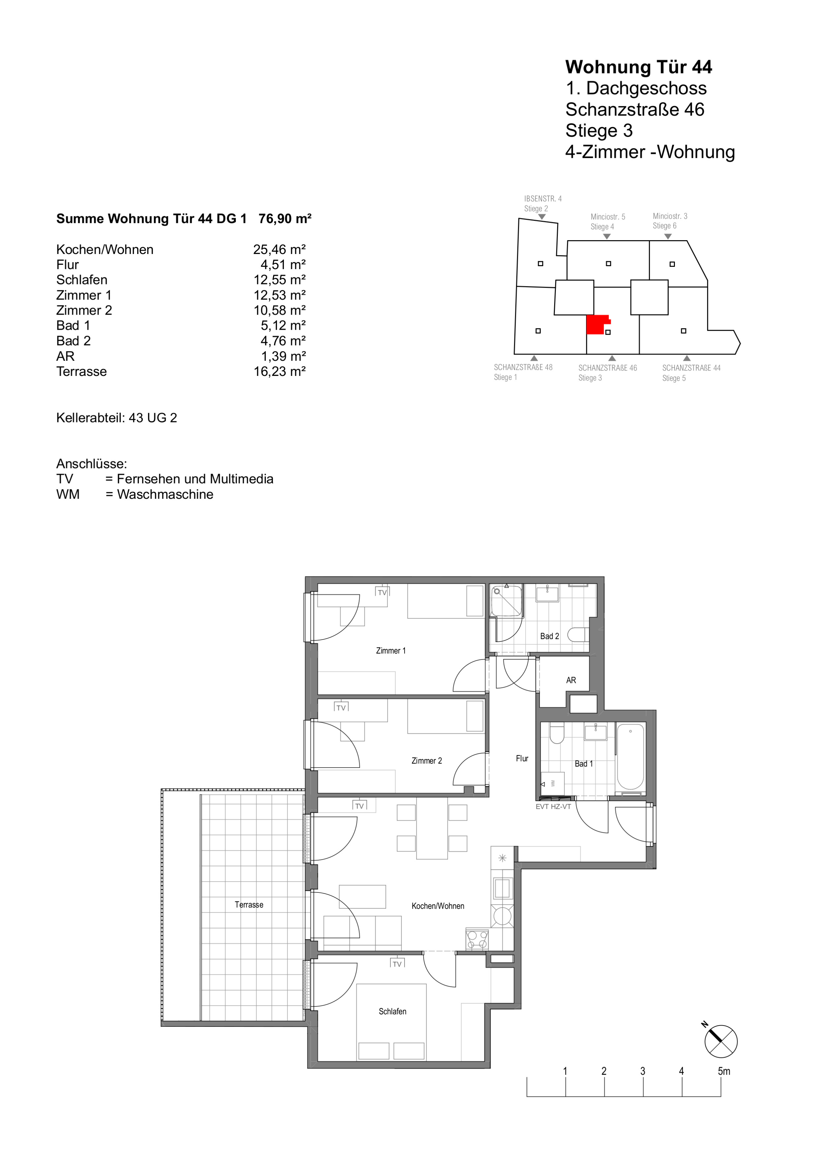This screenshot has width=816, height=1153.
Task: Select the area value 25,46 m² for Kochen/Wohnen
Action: pyautogui.click(x=279, y=250)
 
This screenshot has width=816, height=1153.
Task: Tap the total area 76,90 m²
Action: pyautogui.click(x=285, y=219)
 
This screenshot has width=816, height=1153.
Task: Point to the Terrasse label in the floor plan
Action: pyautogui.click(x=249, y=904)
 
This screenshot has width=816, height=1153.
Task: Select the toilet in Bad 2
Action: pyautogui.click(x=578, y=635)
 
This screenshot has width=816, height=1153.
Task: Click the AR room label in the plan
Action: pyautogui.click(x=571, y=681)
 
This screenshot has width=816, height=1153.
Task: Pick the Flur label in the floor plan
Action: pyautogui.click(x=522, y=758)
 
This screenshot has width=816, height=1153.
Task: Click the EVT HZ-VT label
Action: pyautogui.click(x=553, y=806)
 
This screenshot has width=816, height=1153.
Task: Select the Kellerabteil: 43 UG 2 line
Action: pyautogui.click(x=117, y=418)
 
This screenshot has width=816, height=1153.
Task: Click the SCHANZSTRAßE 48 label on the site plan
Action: pyautogui.click(x=523, y=367)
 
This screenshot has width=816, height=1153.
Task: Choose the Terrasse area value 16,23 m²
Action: pyautogui.click(x=279, y=372)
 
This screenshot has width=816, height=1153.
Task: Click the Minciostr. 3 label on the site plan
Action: pyautogui.click(x=670, y=216)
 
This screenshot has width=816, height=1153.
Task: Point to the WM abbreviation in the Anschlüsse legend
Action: pyautogui.click(x=68, y=495)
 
